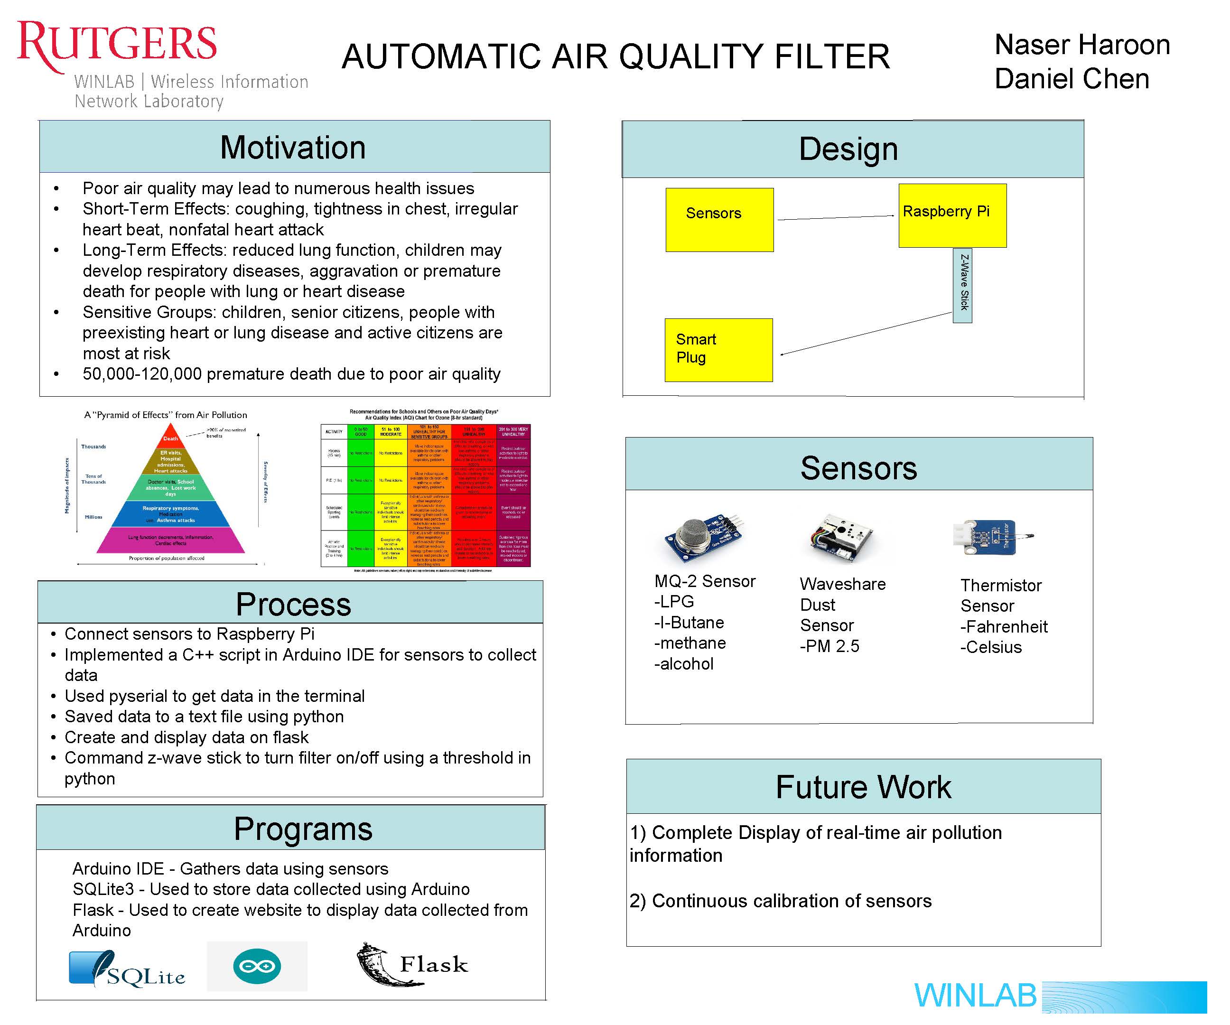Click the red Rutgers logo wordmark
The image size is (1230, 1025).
coord(117,44)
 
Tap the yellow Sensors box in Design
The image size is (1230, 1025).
coord(719,220)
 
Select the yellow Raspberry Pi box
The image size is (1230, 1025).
coord(952,215)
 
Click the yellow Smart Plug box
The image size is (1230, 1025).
coord(718,350)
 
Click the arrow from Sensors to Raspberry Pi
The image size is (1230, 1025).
coord(836,218)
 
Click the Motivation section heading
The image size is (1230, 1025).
coord(293,148)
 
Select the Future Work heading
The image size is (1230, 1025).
coord(863,787)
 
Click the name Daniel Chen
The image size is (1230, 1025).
coord(1072,79)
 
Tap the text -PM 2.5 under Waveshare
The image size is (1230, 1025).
coord(829,646)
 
